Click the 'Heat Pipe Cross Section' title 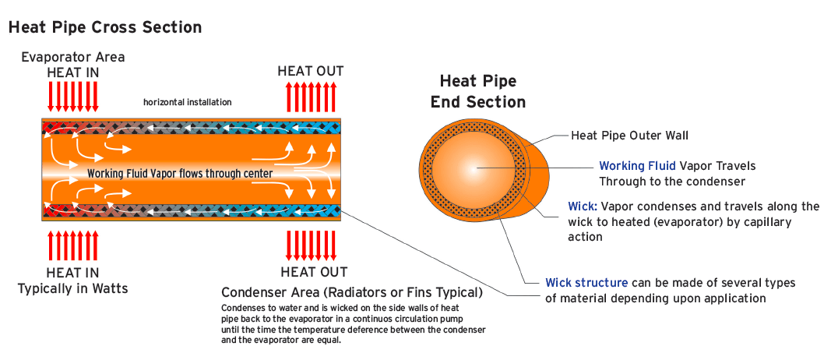105,27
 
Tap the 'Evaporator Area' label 72,57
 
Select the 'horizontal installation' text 187,102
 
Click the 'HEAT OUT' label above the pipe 311,71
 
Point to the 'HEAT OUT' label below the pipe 314,272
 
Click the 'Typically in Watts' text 73,288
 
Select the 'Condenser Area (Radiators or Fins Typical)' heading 352,293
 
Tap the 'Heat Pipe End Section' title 477,91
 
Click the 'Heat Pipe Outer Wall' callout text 629,136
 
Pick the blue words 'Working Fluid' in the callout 632,166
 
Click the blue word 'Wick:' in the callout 583,206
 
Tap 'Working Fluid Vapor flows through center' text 180,173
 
